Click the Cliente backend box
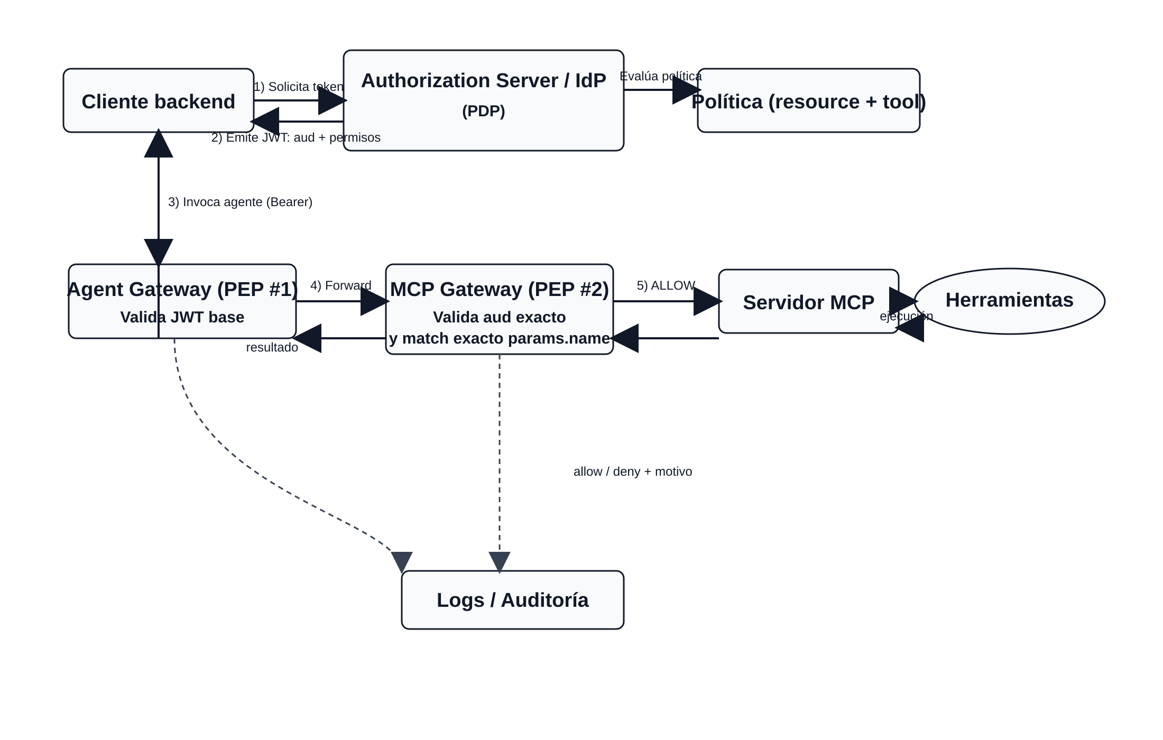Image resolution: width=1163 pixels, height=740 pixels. tap(158, 101)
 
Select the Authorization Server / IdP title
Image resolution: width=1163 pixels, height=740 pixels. tap(483, 81)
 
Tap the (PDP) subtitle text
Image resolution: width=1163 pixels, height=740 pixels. tap(483, 111)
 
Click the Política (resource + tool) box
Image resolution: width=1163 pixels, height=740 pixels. tap(808, 101)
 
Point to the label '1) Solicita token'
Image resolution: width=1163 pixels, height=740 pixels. tap(298, 87)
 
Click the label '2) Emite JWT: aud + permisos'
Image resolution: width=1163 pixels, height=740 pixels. tap(296, 137)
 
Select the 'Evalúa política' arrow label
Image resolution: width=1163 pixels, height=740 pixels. tap(660, 76)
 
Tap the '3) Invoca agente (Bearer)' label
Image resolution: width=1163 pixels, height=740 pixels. tap(240, 202)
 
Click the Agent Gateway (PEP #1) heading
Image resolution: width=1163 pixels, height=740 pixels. tap(182, 289)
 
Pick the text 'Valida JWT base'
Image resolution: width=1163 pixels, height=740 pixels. tap(182, 317)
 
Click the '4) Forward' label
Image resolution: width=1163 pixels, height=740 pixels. tap(340, 285)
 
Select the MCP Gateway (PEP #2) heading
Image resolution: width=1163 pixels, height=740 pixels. tap(499, 289)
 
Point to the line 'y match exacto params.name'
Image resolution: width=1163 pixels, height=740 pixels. tap(499, 338)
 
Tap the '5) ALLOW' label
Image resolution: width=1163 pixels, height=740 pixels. tap(666, 285)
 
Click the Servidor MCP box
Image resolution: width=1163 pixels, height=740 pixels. tap(808, 302)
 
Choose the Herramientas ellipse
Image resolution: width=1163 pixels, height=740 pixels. tap(1009, 300)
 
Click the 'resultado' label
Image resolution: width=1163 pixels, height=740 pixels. tap(272, 347)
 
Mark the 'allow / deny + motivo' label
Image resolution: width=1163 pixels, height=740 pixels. tap(632, 471)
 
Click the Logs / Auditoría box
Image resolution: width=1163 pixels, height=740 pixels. tap(512, 600)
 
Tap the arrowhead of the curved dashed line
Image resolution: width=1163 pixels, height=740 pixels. tap(402, 561)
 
